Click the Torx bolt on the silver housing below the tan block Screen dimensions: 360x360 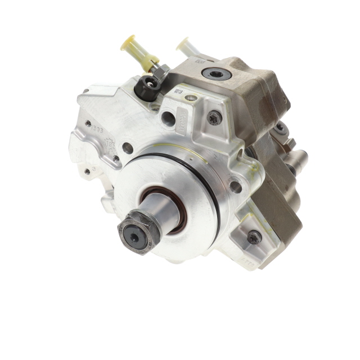(x=214, y=118)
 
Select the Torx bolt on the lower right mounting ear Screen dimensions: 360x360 (x=254, y=237)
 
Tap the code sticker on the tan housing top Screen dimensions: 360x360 (x=199, y=59)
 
